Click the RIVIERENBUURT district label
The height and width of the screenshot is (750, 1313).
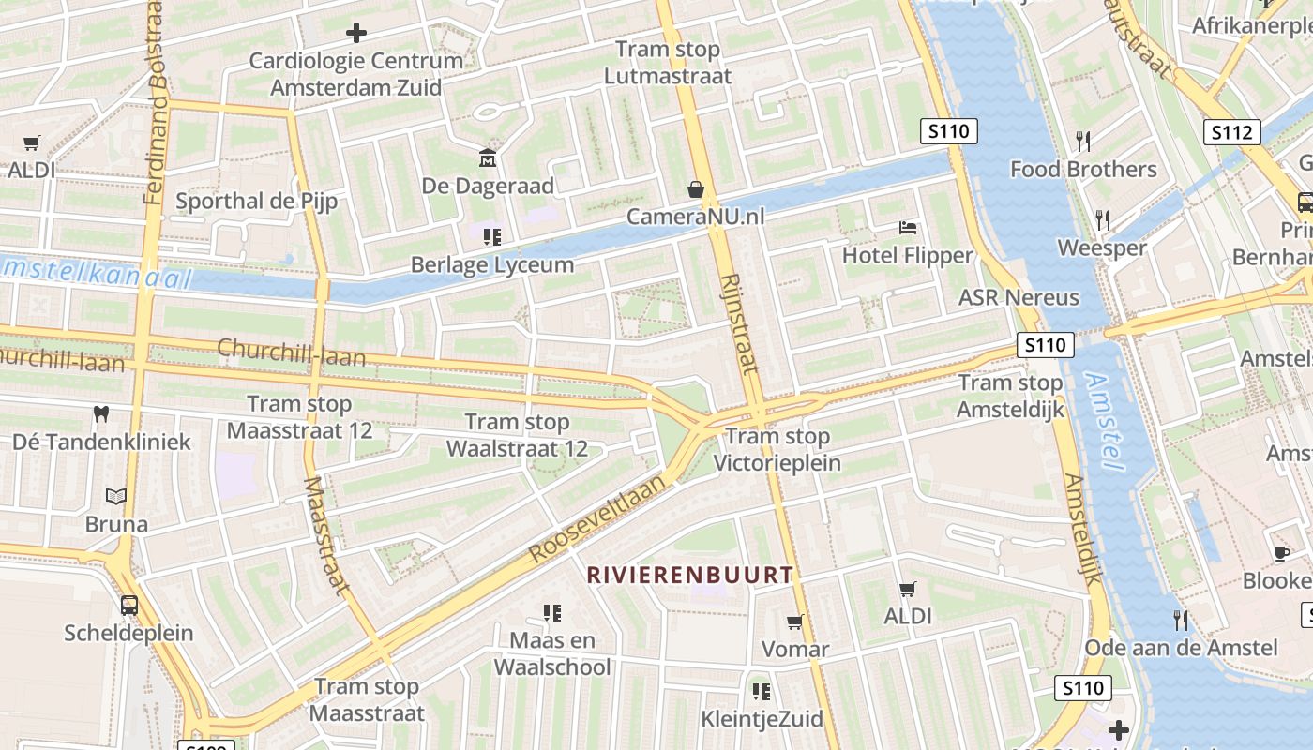[x=690, y=575]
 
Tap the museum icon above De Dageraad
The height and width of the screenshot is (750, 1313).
[x=488, y=157]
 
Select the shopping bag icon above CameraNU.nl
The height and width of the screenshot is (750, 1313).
[x=696, y=189]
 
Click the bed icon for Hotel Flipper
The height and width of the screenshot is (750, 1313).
[x=907, y=227]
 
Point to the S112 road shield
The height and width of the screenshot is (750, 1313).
[x=1231, y=132]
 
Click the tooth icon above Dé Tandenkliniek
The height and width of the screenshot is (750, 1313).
[x=101, y=413]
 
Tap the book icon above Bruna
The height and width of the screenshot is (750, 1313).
[x=116, y=496]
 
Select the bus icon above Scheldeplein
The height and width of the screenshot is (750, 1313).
[x=129, y=605]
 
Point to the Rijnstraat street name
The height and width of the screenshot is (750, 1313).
[x=741, y=323]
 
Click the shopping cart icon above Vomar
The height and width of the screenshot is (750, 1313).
[x=795, y=622]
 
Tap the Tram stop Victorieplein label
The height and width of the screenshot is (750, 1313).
[x=777, y=449]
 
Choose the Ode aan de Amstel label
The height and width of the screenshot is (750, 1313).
[x=1181, y=648]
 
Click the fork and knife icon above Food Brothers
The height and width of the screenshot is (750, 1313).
[x=1083, y=142]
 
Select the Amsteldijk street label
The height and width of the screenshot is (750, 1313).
[x=1082, y=527]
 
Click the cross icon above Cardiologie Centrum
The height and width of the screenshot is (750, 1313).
[x=356, y=34]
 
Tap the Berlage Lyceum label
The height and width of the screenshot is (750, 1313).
[x=492, y=264]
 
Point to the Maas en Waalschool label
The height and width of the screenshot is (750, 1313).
[x=552, y=653]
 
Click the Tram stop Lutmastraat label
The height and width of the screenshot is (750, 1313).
[x=668, y=63]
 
